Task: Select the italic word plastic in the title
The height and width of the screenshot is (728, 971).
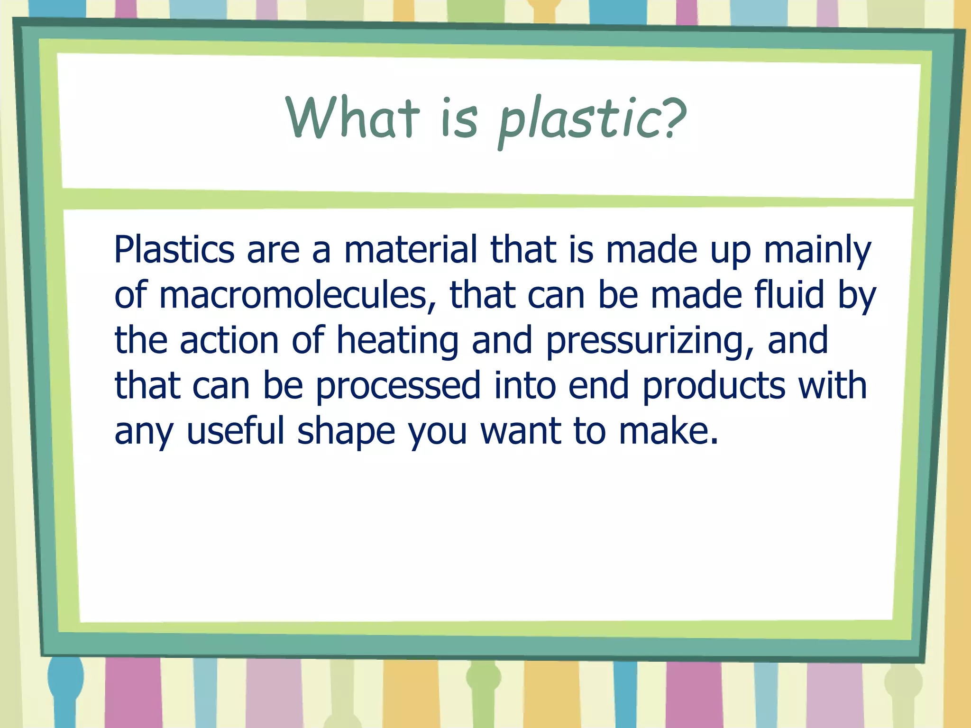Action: [579, 121]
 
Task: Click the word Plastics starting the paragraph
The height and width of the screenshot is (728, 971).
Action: [174, 250]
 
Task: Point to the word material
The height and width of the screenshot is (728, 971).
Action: [411, 250]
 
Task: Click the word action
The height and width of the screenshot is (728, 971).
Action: [229, 340]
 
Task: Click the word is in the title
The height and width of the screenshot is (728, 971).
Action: [458, 118]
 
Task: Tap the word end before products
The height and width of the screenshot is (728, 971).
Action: [598, 385]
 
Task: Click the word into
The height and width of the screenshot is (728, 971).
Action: [524, 385]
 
